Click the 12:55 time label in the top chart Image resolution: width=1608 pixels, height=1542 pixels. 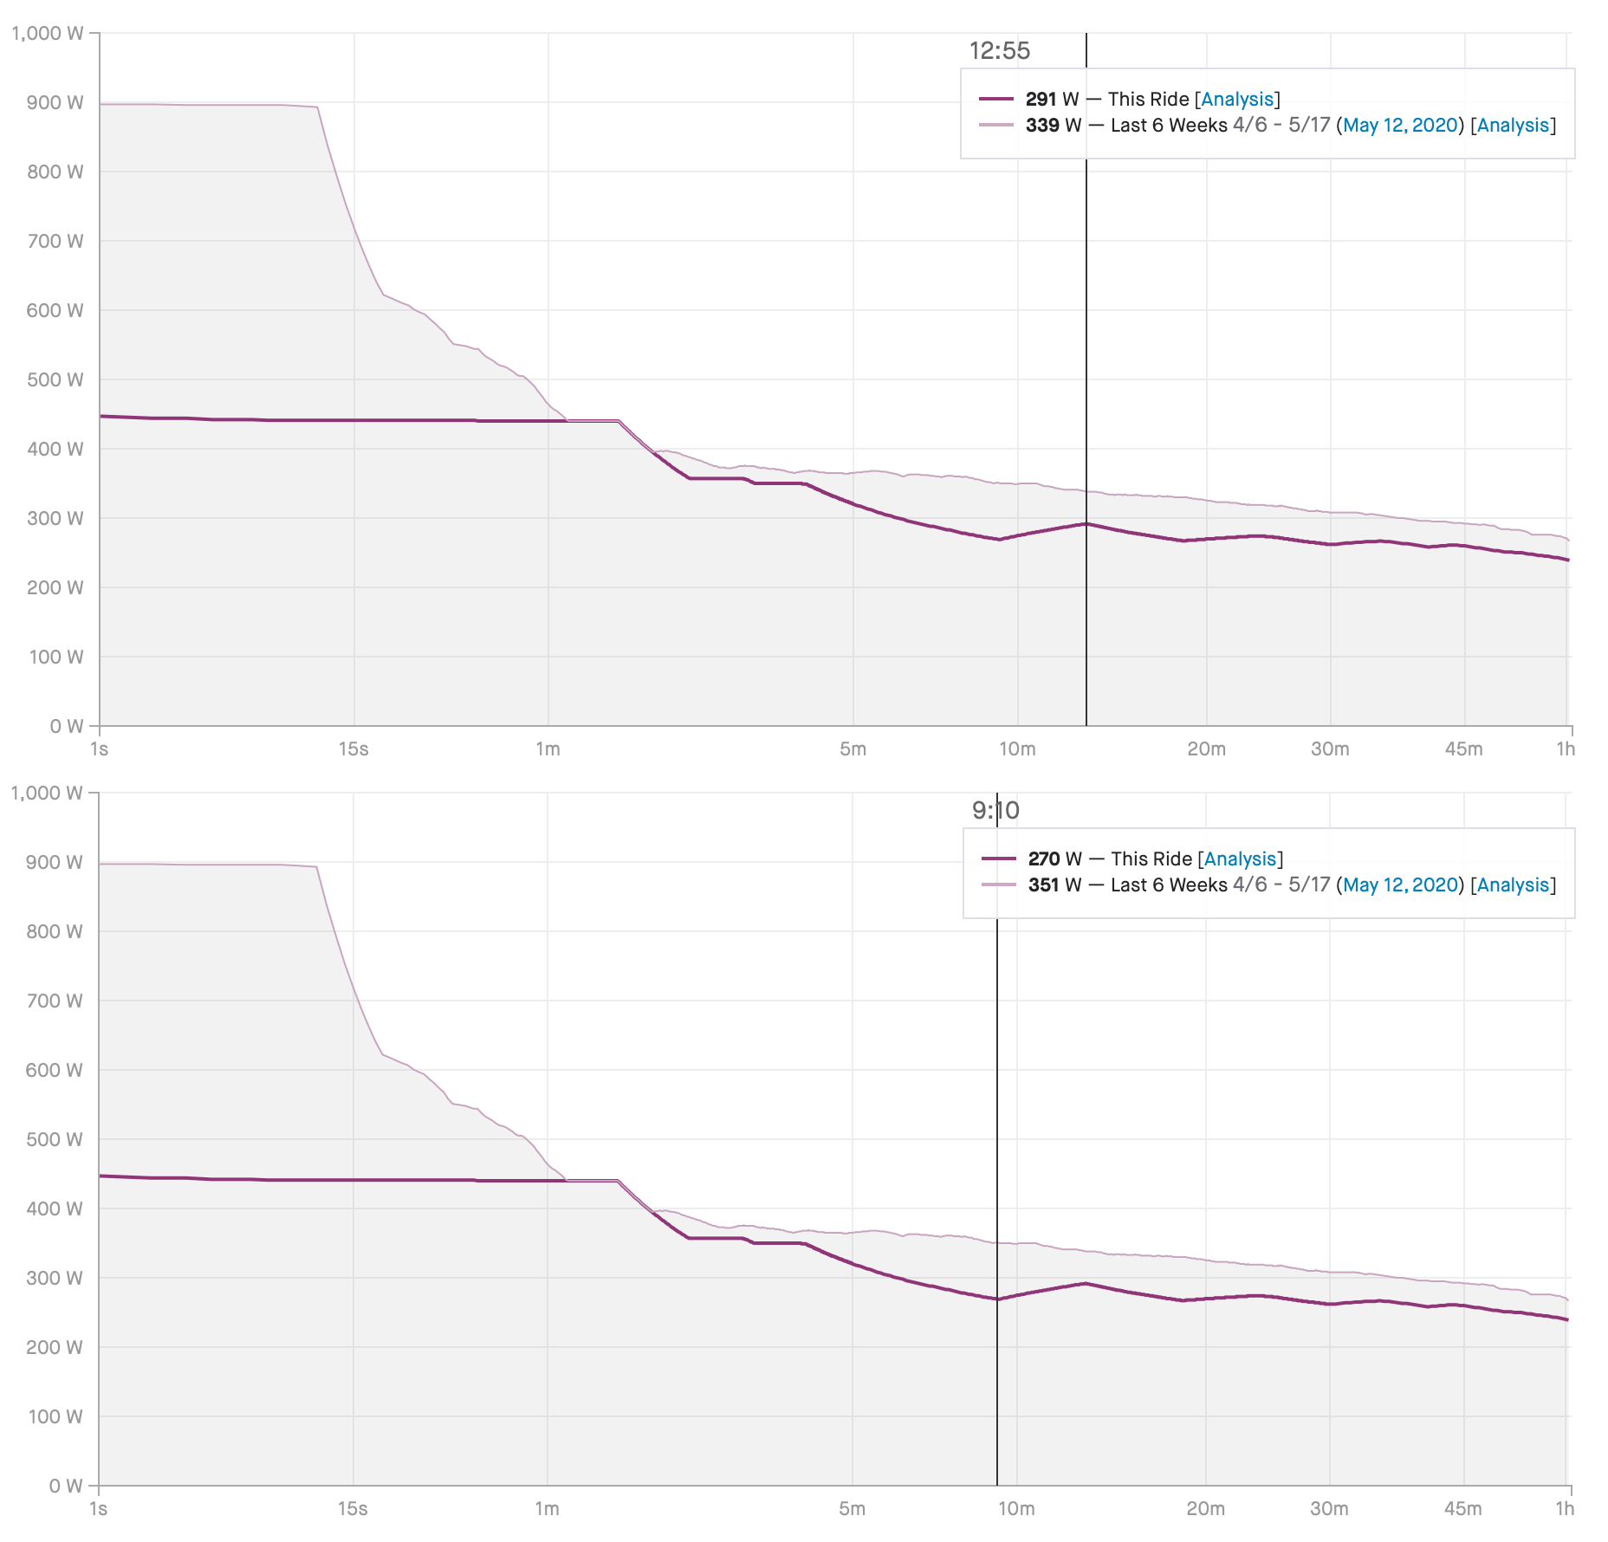999,51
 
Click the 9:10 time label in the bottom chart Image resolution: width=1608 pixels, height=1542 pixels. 995,811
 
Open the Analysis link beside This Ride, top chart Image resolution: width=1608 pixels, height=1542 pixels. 1237,100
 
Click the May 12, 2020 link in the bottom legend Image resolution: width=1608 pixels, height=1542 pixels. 1400,885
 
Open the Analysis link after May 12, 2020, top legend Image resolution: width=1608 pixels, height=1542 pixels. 1513,126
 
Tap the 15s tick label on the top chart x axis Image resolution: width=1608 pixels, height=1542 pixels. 353,749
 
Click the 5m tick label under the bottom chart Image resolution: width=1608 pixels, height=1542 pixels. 853,1509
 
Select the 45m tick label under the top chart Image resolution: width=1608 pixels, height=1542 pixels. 1463,749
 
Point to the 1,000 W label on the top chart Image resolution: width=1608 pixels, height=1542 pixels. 48,34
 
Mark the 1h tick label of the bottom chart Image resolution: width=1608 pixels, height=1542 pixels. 1565,1509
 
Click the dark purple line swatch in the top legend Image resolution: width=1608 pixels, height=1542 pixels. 996,100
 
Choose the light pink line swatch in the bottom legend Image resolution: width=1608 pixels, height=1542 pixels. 998,885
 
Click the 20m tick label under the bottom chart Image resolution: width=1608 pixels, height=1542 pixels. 1205,1509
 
